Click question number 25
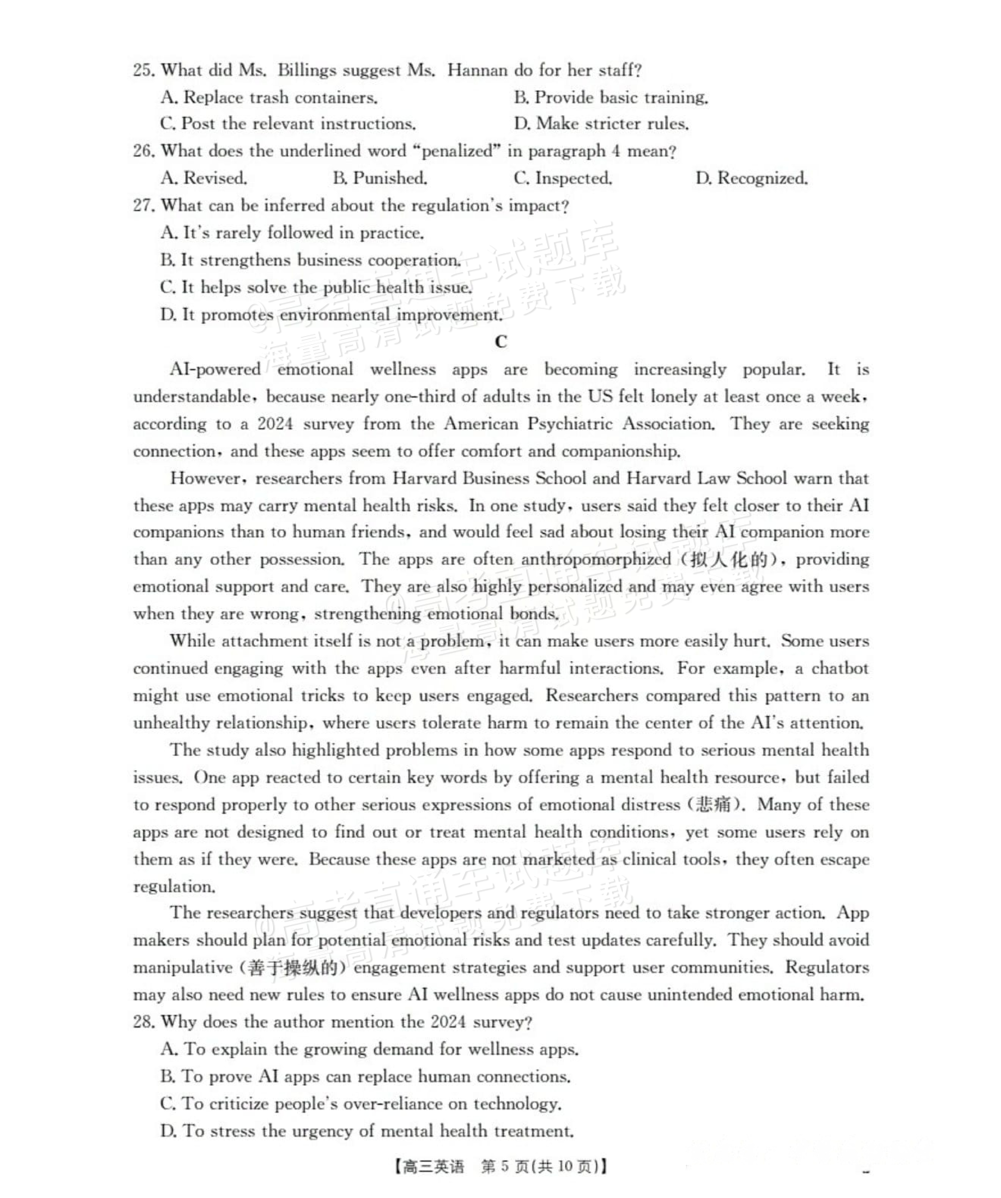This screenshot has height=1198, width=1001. [143, 70]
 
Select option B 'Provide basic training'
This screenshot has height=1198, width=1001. [611, 98]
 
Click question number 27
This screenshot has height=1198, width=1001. [143, 205]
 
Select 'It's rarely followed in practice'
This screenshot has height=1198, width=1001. [292, 233]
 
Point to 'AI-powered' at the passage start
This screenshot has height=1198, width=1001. [215, 369]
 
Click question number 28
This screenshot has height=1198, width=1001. [143, 1022]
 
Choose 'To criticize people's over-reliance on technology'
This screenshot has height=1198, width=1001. [361, 1104]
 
